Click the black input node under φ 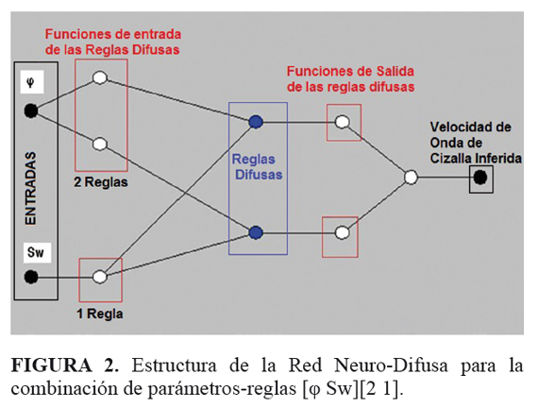pos(31,110)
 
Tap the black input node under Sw pos(31,277)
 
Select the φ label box pos(32,82)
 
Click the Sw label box pos(37,253)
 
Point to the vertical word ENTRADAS pos(31,189)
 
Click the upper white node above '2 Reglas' pos(100,77)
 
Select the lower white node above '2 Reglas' pos(100,144)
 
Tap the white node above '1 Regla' pos(100,277)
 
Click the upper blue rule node pos(256,122)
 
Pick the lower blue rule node pos(256,233)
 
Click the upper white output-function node pos(342,122)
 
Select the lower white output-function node pos(342,233)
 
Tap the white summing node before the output pos(411,178)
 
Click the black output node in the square pos(480,178)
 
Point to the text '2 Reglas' pos(101,182)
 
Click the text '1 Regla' pos(100,314)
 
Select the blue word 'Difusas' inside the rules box pos(259,175)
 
